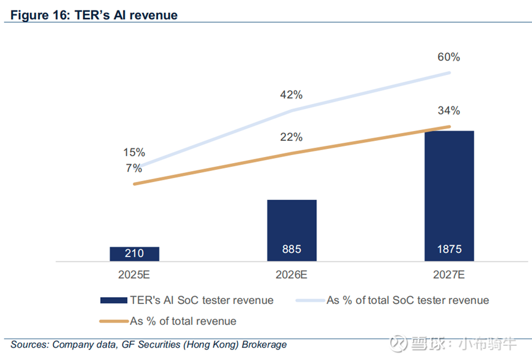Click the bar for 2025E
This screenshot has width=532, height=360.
[x=135, y=254]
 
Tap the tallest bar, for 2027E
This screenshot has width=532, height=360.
[x=449, y=196]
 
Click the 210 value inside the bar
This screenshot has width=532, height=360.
[x=135, y=252]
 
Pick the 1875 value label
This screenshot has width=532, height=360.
[x=449, y=250]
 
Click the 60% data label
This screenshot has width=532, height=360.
[x=449, y=57]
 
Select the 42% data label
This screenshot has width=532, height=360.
[x=291, y=95]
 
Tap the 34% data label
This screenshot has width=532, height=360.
[x=449, y=111]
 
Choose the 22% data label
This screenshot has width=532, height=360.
[x=291, y=137]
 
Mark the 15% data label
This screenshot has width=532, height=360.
[x=133, y=152]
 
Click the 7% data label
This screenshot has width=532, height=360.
[x=133, y=167]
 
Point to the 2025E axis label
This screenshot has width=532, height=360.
[x=135, y=275]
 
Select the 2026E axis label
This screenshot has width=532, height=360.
[x=292, y=275]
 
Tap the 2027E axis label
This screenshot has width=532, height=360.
[x=449, y=275]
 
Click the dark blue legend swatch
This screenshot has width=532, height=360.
[x=113, y=300]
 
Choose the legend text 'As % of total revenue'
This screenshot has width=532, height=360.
[x=183, y=321]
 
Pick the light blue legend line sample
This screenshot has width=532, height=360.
[x=310, y=300]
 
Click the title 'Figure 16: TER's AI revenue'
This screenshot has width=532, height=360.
[x=93, y=14]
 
